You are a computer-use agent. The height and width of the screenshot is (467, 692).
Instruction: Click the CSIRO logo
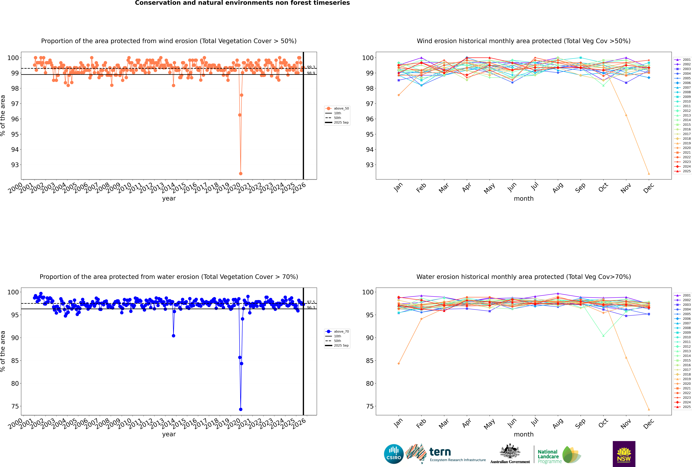[394, 454]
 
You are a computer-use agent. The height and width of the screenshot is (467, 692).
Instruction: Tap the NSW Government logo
[624, 454]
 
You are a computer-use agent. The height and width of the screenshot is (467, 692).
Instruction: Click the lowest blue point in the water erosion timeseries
[241, 409]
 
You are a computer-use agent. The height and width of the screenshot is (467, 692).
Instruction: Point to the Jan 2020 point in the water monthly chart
[399, 363]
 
